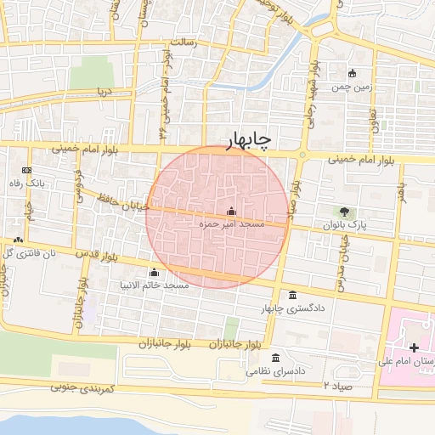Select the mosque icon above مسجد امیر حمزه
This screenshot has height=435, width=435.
[232, 212]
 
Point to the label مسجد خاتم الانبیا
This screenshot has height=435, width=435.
[155, 285]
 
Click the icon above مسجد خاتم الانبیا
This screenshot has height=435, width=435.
[154, 273]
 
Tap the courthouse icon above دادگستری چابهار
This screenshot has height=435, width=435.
[293, 296]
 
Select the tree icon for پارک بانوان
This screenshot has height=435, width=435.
[344, 212]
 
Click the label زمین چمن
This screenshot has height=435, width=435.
[353, 87]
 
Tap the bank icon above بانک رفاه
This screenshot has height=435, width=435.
[38, 171]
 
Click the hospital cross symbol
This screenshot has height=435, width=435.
[414, 347]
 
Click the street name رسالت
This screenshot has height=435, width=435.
[184, 41]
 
